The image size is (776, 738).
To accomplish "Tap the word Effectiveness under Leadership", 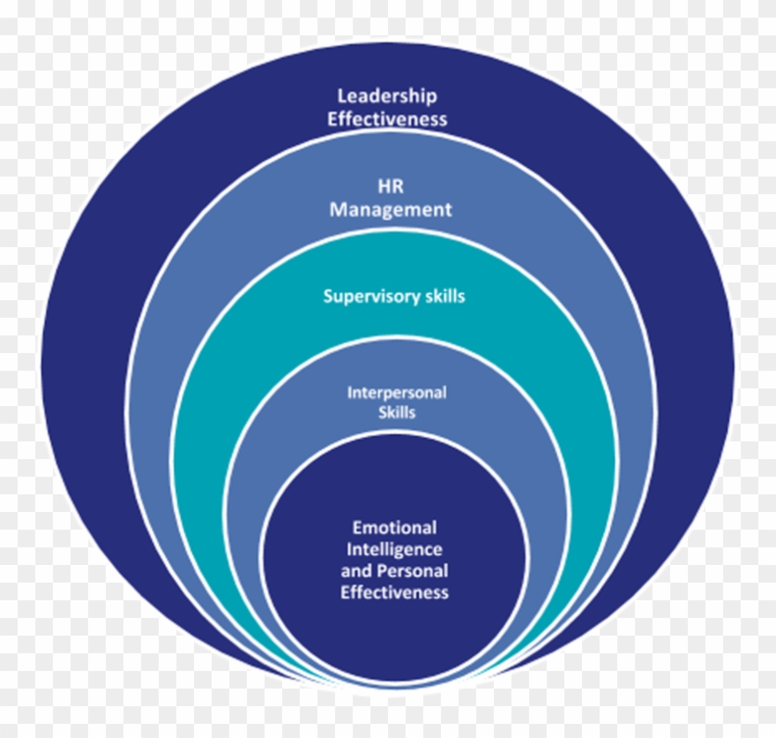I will [x=388, y=118].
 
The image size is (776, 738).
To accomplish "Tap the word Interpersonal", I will [x=397, y=393].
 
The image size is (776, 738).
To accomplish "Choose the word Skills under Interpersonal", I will [x=397, y=412].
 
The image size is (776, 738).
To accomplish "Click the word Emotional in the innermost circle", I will [x=394, y=528].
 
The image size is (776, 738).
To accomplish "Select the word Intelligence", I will [x=394, y=549].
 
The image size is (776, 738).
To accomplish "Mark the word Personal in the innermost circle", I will [x=413, y=570].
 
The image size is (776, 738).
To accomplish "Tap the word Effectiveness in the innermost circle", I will [x=394, y=591].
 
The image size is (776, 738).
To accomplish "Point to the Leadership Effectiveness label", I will [x=388, y=107].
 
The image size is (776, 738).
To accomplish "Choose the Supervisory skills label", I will [x=394, y=296].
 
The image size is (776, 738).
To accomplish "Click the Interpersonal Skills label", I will [x=397, y=403].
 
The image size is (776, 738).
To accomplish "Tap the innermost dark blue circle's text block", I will [x=394, y=560].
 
